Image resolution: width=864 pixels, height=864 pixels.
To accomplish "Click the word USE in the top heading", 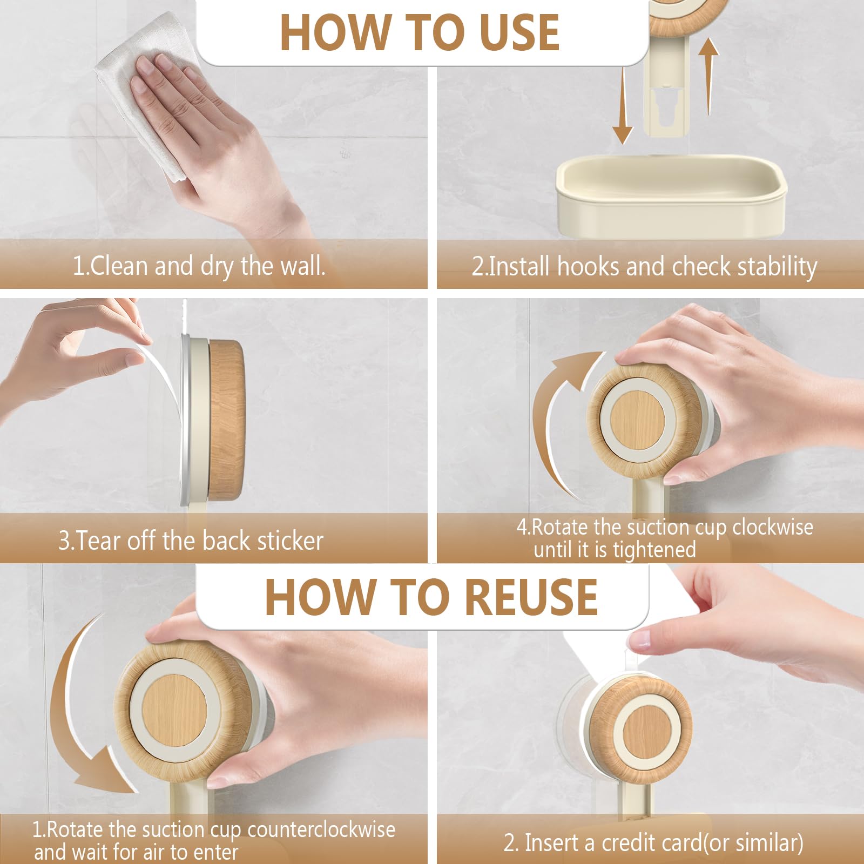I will (518, 32).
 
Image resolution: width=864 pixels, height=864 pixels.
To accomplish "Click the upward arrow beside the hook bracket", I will (708, 76).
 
